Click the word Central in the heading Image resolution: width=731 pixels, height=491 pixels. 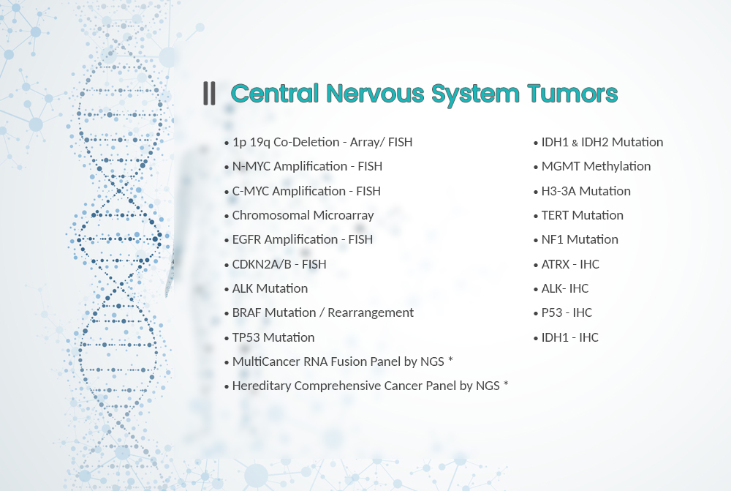(275, 93)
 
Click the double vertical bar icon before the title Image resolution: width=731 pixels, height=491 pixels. (209, 93)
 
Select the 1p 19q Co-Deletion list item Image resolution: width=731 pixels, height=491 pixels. (322, 142)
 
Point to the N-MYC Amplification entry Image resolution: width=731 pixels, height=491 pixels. (307, 166)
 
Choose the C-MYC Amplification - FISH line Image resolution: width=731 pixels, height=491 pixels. (306, 191)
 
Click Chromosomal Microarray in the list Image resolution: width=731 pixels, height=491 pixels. (303, 215)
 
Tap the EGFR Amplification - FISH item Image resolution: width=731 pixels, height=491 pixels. (303, 239)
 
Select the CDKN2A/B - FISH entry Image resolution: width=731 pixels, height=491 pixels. (279, 264)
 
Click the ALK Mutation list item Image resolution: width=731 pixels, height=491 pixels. (270, 288)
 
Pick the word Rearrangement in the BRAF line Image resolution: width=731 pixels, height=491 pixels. (371, 312)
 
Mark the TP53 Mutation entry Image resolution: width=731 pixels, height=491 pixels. (273, 337)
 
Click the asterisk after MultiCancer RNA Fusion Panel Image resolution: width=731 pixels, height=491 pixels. (451, 360)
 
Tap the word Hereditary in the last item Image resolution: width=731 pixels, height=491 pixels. (262, 386)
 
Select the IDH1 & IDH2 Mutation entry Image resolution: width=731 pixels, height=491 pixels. (602, 142)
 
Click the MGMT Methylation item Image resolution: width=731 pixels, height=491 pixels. (596, 166)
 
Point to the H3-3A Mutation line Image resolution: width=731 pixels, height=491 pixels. (586, 191)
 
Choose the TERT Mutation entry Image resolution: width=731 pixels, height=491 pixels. (583, 215)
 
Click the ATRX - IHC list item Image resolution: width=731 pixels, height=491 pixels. (570, 264)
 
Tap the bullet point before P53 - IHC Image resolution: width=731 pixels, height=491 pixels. (536, 314)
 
